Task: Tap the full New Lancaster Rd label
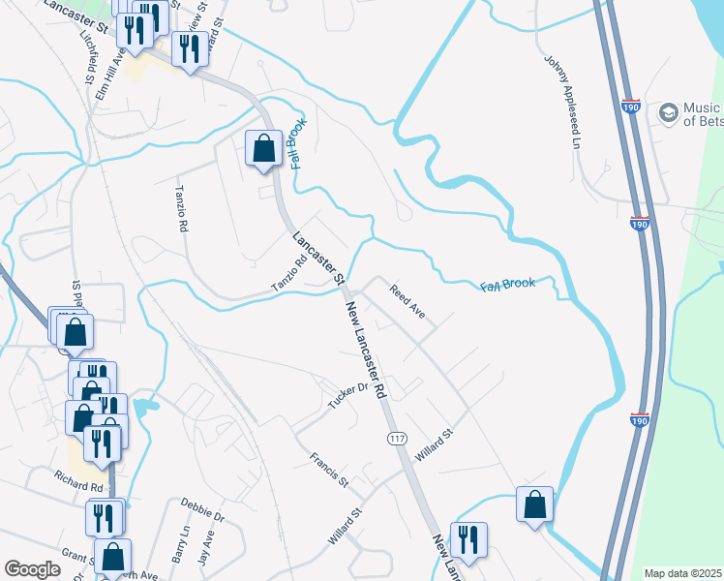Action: pyautogui.click(x=366, y=349)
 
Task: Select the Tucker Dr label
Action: pyautogui.click(x=349, y=394)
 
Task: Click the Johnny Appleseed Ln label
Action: pyautogui.click(x=568, y=113)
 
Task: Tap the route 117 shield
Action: pyautogui.click(x=397, y=440)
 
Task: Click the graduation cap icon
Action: pyautogui.click(x=668, y=113)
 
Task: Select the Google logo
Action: pyautogui.click(x=32, y=569)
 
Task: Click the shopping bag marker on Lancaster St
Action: pyautogui.click(x=263, y=149)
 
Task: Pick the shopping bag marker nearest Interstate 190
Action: pyautogui.click(x=534, y=505)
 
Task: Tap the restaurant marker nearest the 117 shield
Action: pyautogui.click(x=468, y=540)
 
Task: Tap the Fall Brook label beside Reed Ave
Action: pyautogui.click(x=507, y=285)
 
